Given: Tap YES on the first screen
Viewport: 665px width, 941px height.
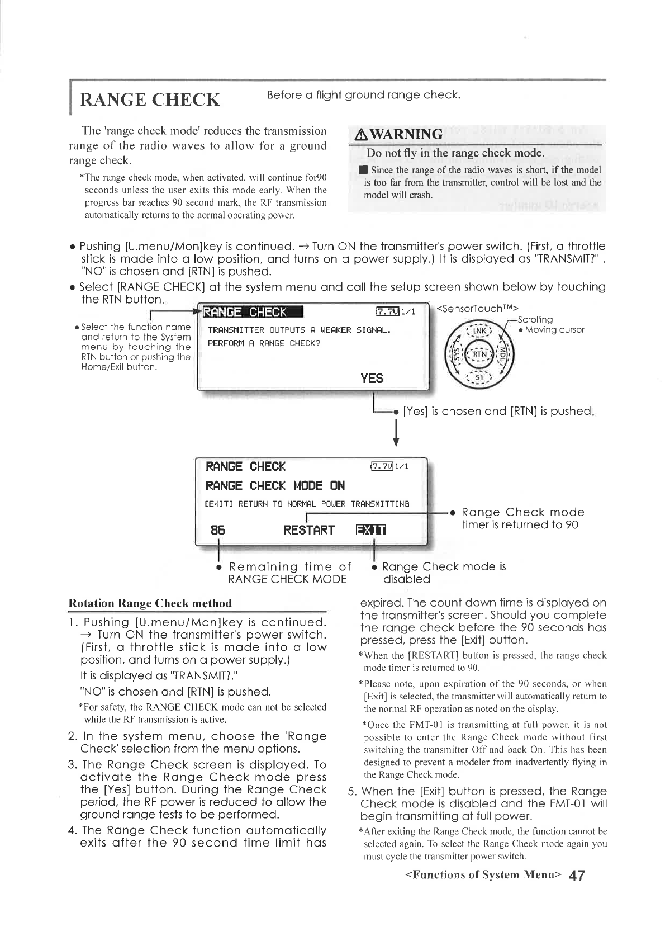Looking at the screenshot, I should pos(372,379).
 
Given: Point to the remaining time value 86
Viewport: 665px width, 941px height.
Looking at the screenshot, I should pos(218,530).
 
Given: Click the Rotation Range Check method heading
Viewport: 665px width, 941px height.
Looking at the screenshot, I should pos(150,603).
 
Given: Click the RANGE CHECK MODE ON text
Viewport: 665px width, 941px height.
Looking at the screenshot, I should pos(275,485).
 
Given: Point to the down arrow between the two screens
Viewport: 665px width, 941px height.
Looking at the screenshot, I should pos(396,434).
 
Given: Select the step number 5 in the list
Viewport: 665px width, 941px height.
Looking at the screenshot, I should pos(353,792).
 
